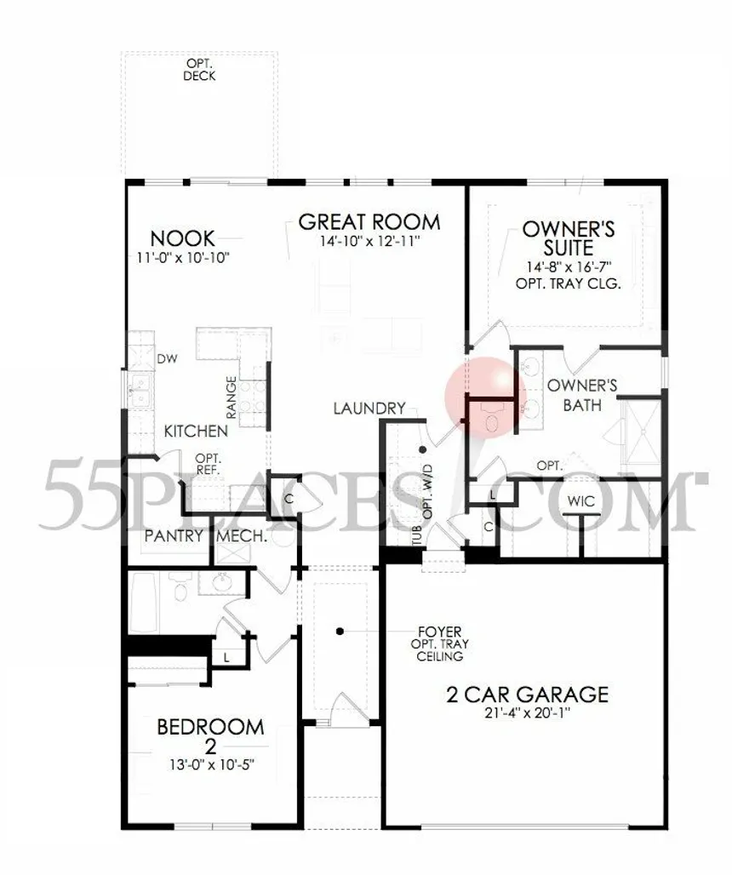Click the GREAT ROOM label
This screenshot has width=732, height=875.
[369, 221]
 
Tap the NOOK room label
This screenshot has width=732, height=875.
[182, 239]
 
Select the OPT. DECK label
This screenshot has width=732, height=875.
[199, 71]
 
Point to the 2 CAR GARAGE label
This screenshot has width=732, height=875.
[527, 695]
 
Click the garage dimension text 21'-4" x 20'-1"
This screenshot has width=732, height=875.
[527, 713]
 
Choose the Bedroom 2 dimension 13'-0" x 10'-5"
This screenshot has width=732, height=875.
[211, 764]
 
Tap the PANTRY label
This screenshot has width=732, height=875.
[174, 536]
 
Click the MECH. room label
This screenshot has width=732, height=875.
[242, 536]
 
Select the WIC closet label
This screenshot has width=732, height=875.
[580, 500]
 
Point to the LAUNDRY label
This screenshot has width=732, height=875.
[369, 409]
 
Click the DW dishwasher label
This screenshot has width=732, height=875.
[168, 359]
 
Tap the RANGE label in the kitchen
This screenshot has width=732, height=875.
[232, 397]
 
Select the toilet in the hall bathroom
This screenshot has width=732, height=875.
[180, 590]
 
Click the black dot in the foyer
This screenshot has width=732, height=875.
[340, 631]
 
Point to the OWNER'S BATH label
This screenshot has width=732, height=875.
[582, 395]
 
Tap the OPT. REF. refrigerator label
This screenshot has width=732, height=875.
[208, 464]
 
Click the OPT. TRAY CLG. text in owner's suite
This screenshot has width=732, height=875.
[568, 283]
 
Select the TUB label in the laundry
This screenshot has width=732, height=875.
[417, 536]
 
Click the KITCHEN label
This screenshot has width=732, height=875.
[196, 431]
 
